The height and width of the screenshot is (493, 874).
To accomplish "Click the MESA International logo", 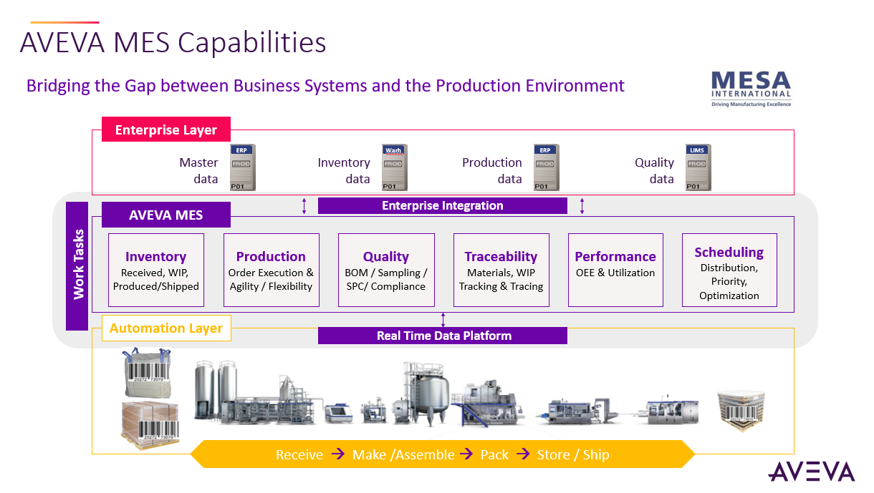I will coord(751,89).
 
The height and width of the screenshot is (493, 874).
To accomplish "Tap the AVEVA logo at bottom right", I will coord(811,472).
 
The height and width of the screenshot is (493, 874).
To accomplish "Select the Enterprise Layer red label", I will coord(166,130).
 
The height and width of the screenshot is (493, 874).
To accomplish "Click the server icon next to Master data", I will coord(243,167).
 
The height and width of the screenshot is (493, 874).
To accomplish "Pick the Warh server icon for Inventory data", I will coord(394,167).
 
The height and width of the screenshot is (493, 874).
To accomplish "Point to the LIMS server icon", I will coord(698,167).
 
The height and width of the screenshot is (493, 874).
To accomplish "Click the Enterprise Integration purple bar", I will coord(442,206).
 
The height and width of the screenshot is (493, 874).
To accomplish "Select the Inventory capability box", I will coord(156,270).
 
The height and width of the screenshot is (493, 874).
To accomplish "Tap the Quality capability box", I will coord(386,270).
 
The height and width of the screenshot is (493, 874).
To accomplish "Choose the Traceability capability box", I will coord(501,270).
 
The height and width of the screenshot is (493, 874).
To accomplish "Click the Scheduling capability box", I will coord(729,270).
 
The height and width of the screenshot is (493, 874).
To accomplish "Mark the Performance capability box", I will coord(615,270).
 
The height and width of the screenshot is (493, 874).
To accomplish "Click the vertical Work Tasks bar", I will coord(77,265).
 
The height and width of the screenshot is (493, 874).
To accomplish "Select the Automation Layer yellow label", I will coord(166,328).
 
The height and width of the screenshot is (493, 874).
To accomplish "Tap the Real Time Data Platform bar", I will coord(443,336).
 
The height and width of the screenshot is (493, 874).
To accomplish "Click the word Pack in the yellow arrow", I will coord(494,454).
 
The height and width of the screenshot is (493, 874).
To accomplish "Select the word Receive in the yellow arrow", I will coord(299,454).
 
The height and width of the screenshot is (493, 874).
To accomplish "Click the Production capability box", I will coord(271,270).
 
